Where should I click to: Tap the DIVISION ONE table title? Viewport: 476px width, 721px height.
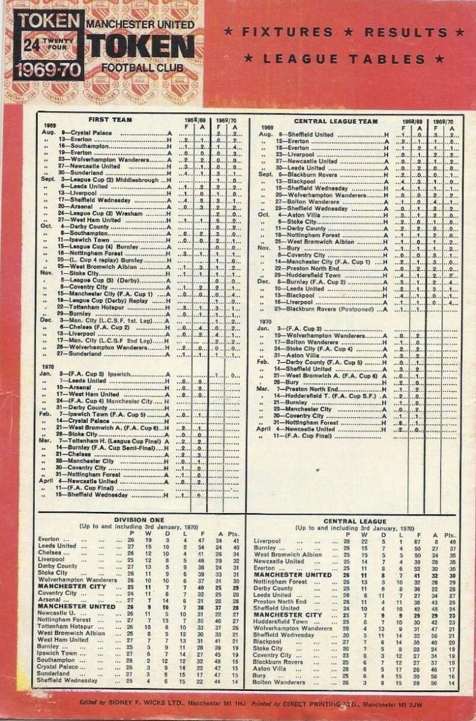click(139, 520)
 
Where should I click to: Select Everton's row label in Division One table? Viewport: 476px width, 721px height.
click(49, 540)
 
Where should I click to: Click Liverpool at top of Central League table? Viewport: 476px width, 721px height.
click(267, 541)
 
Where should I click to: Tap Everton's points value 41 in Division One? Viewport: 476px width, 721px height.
click(236, 540)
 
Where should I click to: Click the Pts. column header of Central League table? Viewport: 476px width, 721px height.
click(450, 535)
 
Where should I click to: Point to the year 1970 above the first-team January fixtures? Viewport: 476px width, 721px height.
click(48, 366)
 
